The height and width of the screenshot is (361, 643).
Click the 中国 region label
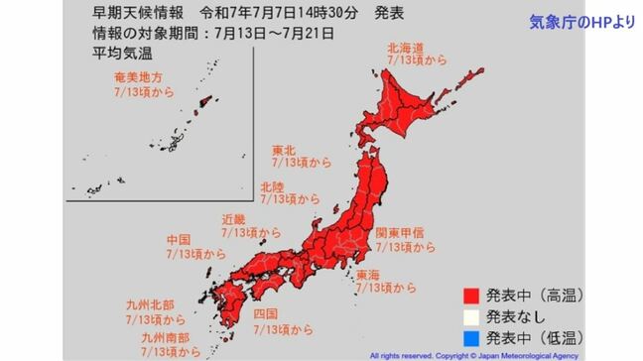[180, 240]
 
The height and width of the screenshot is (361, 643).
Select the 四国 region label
[265, 313]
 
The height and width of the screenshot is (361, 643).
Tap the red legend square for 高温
[470, 295]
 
